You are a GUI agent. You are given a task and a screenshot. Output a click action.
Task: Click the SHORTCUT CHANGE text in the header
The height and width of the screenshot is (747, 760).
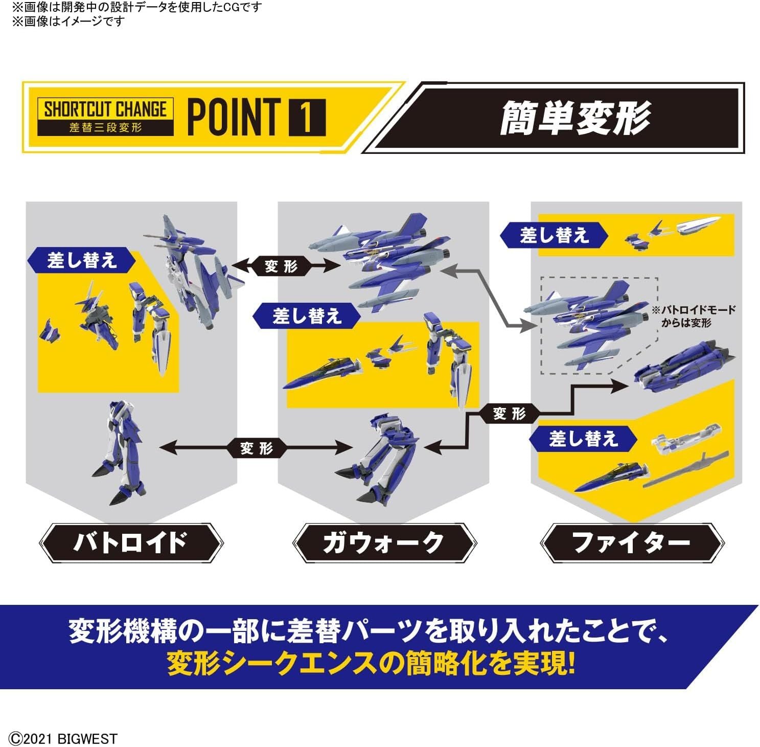tap(105, 109)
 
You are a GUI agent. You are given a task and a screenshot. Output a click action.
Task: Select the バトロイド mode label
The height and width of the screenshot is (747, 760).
tap(131, 542)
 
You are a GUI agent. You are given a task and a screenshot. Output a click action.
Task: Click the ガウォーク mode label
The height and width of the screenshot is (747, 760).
tap(383, 542)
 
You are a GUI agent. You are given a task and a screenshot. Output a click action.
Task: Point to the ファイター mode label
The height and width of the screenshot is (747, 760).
tap(632, 542)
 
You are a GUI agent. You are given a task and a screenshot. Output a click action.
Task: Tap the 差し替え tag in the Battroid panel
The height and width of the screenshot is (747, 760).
tap(82, 261)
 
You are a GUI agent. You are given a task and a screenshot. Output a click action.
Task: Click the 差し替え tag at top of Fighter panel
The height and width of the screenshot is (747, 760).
tap(554, 236)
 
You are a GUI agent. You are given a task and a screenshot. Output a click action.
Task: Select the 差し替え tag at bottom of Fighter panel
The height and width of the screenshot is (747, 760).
tap(583, 439)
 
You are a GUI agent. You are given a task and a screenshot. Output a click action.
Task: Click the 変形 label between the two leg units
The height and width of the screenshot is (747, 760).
tap(257, 448)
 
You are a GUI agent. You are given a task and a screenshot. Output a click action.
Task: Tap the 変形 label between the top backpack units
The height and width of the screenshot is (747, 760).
tap(281, 266)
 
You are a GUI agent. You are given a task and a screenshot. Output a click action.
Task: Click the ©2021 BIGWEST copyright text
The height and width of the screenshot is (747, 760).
tap(63, 738)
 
